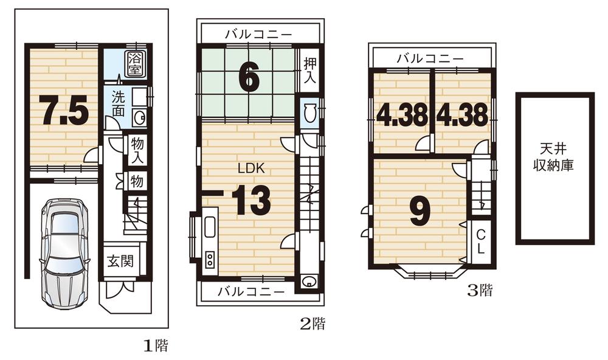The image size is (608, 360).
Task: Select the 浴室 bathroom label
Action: tap(134, 64)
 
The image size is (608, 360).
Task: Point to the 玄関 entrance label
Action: tap(121, 263)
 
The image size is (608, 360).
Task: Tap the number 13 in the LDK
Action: tap(250, 201)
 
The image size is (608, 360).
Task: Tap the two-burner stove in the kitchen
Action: tap(210, 260)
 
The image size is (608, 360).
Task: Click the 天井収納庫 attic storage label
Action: tap(554, 157)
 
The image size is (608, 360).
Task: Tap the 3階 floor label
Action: tap(478, 291)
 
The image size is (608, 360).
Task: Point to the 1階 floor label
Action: tap(155, 346)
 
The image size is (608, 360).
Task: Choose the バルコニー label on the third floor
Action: tap(430, 58)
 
